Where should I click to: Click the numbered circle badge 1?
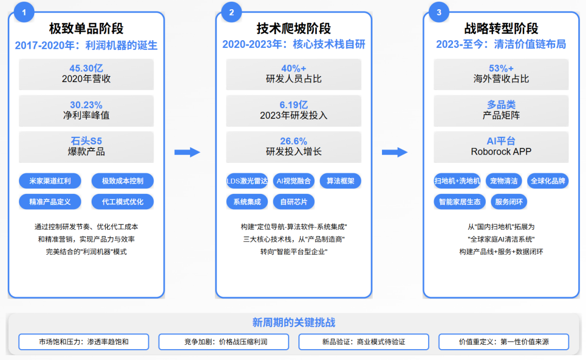point(24,12)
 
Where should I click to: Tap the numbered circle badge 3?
point(439,12)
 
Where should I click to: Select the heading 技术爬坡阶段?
point(294,28)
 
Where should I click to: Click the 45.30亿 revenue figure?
point(86,68)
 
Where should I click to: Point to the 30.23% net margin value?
point(86,105)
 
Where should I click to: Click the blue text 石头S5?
point(86,141)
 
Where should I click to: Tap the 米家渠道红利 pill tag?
point(50,181)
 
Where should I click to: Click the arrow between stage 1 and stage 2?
point(187,153)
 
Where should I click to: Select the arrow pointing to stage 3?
point(394,153)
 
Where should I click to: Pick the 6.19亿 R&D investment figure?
point(294,105)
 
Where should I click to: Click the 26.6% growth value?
point(294,141)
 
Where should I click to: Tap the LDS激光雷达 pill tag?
point(247,181)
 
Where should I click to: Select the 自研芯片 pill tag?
point(294,201)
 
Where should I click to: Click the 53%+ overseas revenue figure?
point(501,68)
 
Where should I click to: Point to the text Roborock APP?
point(501,152)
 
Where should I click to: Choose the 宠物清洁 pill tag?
point(504,181)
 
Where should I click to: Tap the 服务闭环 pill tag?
point(509,201)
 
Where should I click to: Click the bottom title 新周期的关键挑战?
point(294,323)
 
